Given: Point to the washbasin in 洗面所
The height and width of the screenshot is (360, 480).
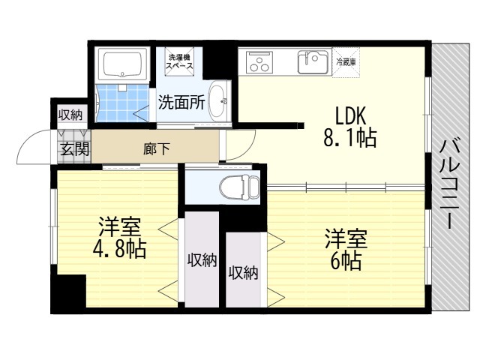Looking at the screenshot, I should coord(218,97).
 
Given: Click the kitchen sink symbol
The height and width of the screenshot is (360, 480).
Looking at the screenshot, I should coord(313,61).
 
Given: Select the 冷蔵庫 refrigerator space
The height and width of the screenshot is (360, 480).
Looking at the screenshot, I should coord(346,61).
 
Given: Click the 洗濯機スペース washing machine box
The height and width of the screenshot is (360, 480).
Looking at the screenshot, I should coord(180,61).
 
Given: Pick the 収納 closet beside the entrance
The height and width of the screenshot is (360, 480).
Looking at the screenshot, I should coord(72,115).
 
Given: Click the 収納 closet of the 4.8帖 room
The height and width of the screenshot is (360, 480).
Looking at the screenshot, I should coord(202,260).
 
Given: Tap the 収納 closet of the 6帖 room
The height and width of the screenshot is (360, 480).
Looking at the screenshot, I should coord(244,271).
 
